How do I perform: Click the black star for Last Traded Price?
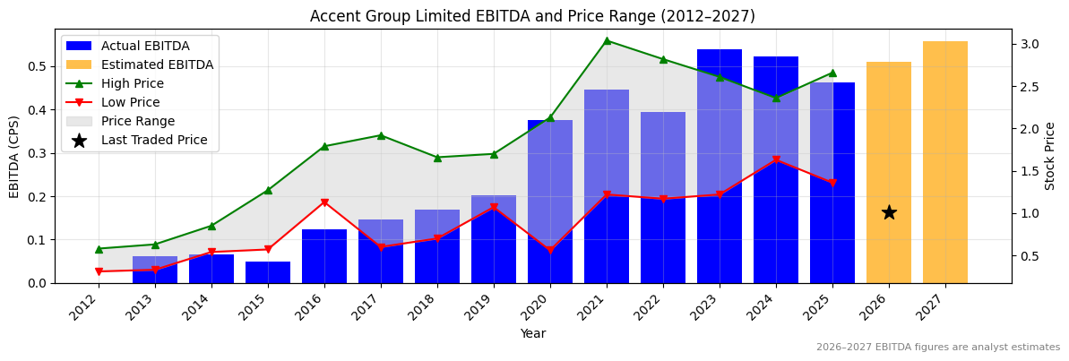[889, 212]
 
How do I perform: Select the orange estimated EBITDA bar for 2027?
[945, 162]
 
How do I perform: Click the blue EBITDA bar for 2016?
[324, 256]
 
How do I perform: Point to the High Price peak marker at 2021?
[607, 40]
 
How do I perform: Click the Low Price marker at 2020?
[550, 251]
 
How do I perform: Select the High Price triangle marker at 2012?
[99, 249]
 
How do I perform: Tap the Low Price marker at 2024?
[776, 160]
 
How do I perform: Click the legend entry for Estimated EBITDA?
[157, 64]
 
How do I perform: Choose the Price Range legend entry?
[138, 121]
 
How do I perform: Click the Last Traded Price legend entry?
[154, 140]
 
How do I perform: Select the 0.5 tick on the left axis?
[38, 66]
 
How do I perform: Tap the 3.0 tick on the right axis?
[1030, 44]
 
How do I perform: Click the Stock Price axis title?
[1050, 156]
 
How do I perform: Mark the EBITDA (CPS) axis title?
[14, 156]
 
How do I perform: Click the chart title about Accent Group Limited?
[532, 16]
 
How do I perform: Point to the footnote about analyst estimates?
[937, 348]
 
